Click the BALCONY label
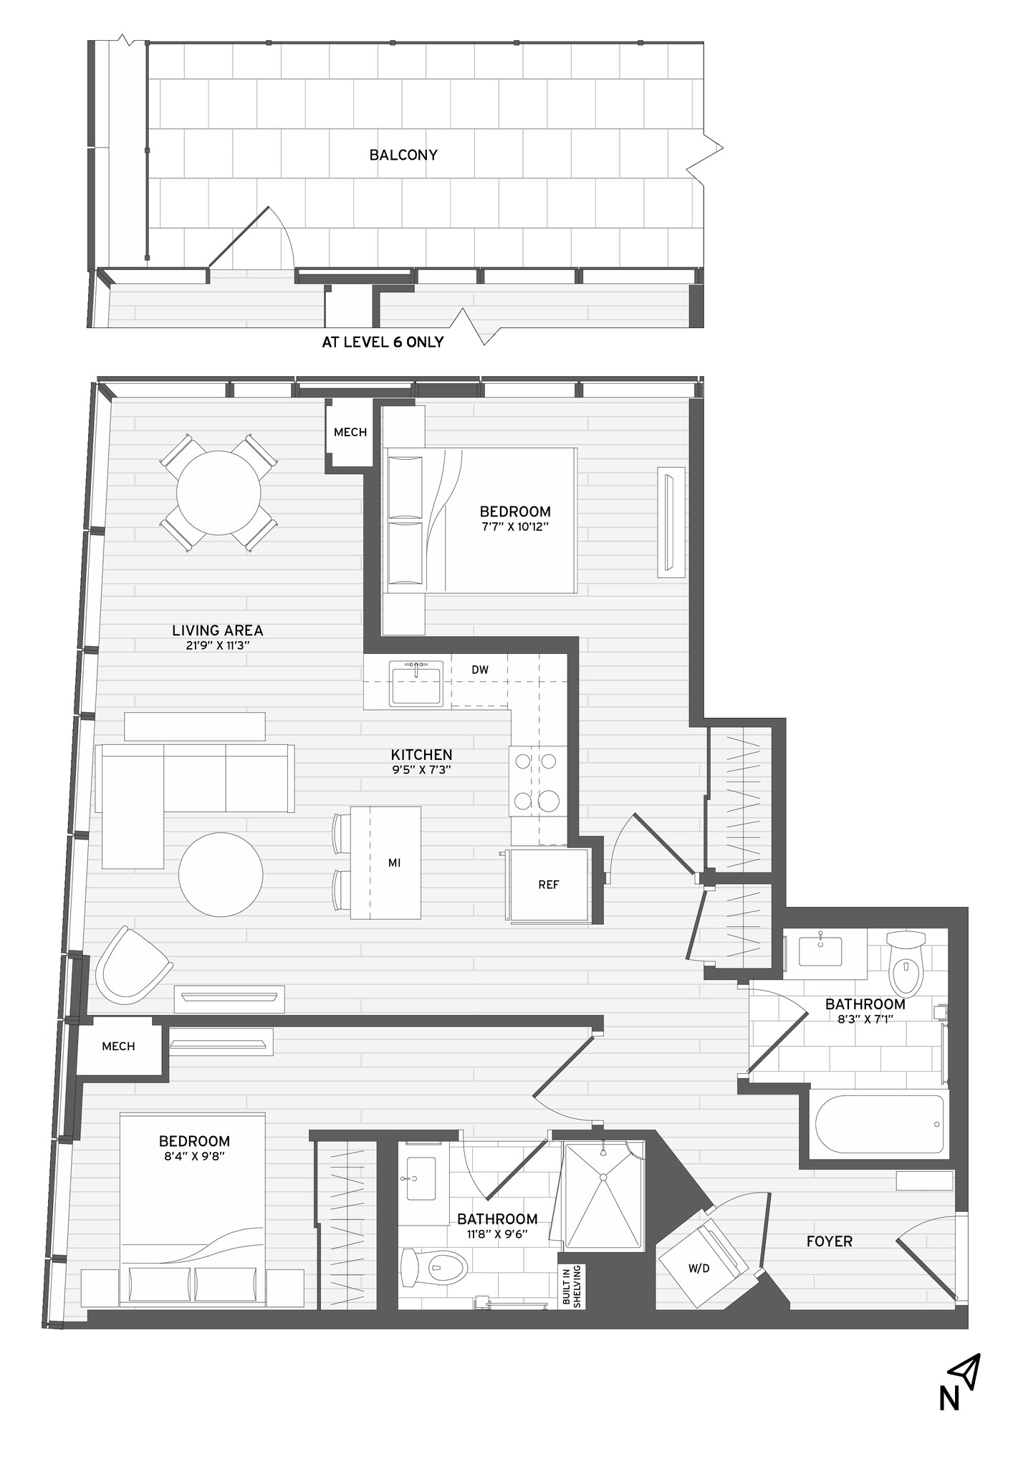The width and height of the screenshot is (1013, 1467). coord(403,155)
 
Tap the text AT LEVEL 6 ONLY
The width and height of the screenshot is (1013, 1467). coord(383,342)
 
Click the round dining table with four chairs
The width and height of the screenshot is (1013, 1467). coord(219,492)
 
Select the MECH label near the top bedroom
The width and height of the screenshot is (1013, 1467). coord(350,432)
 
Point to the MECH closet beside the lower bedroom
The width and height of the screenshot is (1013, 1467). coord(119,1047)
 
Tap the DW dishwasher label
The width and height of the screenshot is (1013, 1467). coord(480,670)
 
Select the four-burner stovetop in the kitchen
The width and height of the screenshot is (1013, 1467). coord(537,780)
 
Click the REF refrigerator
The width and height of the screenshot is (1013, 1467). coord(549,885)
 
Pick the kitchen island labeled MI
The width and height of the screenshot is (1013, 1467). coord(385,862)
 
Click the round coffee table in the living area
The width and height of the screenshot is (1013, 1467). coord(221,874)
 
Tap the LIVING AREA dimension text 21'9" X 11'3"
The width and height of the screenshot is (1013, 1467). coord(217,645)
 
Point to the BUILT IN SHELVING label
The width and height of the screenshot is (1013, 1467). coord(572,1286)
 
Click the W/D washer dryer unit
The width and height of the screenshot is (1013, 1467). coord(698,1269)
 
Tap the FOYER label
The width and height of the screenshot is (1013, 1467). coord(829,1241)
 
